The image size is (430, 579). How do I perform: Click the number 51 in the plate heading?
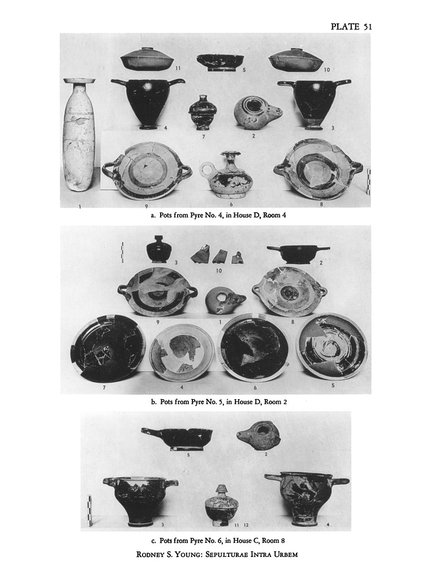[x=367, y=27]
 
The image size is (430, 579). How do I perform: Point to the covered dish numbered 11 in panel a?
[x=147, y=58]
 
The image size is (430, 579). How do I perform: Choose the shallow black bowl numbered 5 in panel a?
[x=220, y=62]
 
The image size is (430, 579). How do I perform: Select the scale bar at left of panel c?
[x=89, y=511]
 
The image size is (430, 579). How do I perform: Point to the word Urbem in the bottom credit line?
[x=285, y=554]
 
